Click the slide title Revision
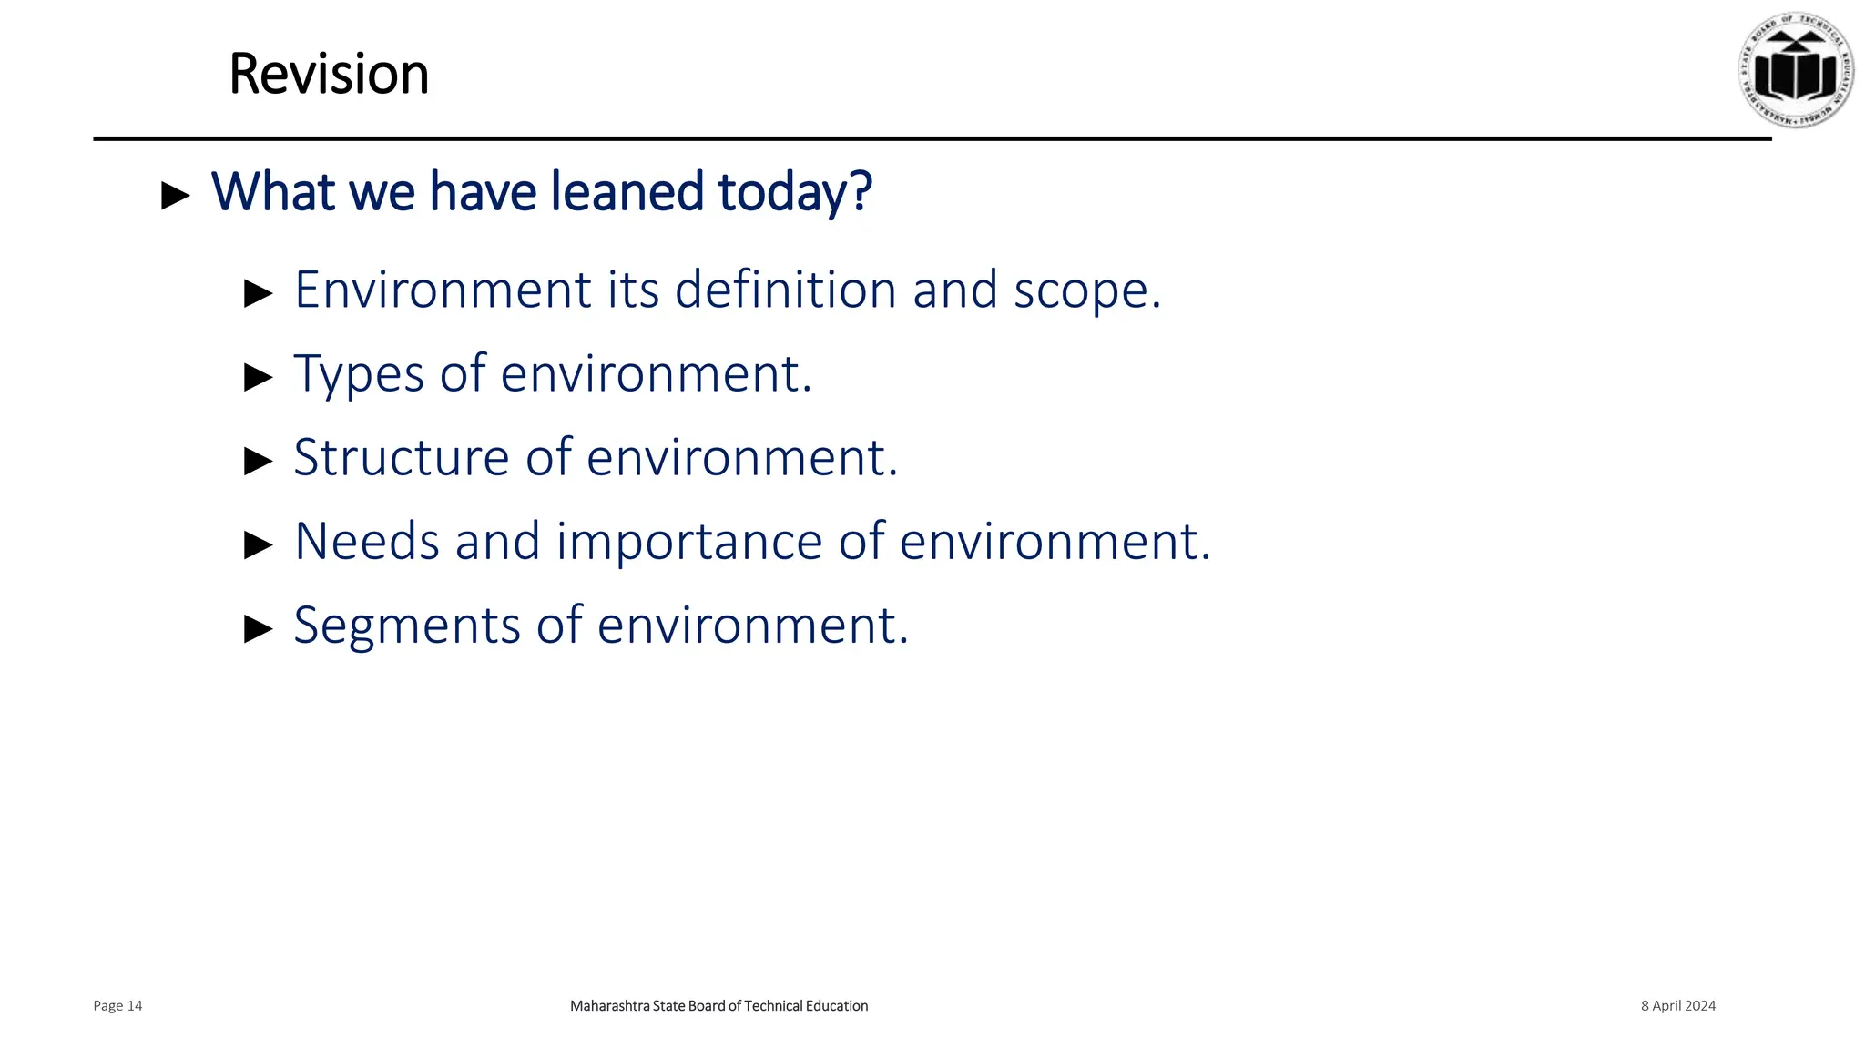click(x=328, y=74)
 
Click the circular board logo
click(x=1796, y=70)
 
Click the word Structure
click(x=401, y=457)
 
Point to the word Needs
click(x=367, y=542)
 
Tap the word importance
click(x=689, y=542)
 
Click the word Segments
click(x=406, y=626)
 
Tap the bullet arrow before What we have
click(x=175, y=195)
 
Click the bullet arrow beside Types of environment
click(x=259, y=377)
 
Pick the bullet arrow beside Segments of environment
click(x=259, y=628)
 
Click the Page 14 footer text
click(x=117, y=1006)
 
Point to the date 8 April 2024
click(x=1677, y=1006)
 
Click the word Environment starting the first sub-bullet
click(x=443, y=290)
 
